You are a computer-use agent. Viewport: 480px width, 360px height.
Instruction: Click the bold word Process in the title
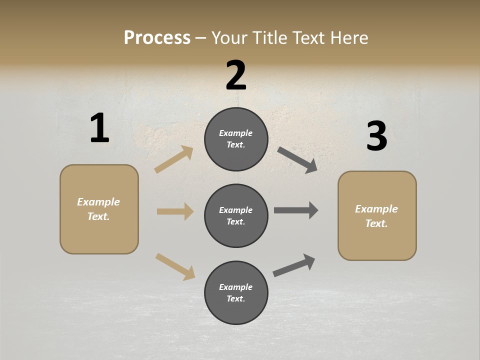click(x=157, y=38)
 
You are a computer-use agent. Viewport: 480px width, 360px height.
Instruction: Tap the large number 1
click(x=99, y=128)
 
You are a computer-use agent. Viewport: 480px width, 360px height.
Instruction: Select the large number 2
click(x=236, y=75)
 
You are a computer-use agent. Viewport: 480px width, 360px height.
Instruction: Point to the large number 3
click(x=376, y=136)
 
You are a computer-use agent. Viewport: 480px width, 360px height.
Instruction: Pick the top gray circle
click(x=236, y=139)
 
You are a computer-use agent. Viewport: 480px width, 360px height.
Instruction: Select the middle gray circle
click(x=236, y=215)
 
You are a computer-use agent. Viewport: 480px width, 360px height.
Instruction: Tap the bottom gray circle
click(x=236, y=292)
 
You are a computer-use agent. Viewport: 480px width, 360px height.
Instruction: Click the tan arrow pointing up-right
click(x=173, y=159)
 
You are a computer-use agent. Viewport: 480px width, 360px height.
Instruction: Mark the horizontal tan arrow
click(x=175, y=211)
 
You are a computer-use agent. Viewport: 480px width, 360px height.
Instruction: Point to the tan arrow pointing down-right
click(x=175, y=266)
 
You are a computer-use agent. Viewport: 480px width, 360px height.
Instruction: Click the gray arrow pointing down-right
click(x=297, y=159)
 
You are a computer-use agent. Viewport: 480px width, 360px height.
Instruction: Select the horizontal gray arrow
click(x=295, y=210)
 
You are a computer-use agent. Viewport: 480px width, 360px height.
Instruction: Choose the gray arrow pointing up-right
click(x=294, y=265)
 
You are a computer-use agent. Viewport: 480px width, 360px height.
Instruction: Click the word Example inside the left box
click(x=98, y=202)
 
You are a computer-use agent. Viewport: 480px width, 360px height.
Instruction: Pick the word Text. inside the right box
click(x=376, y=223)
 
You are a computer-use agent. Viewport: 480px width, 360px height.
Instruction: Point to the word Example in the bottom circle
click(x=236, y=287)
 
